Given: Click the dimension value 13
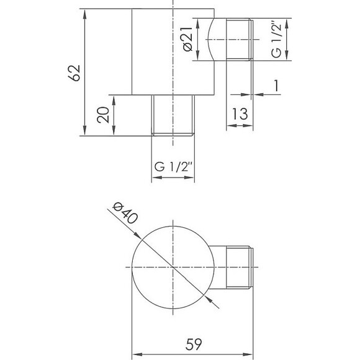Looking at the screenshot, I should click(x=241, y=114).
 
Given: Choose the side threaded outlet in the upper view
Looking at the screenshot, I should click(x=238, y=40).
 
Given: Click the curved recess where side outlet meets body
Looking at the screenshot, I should click(x=212, y=40).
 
